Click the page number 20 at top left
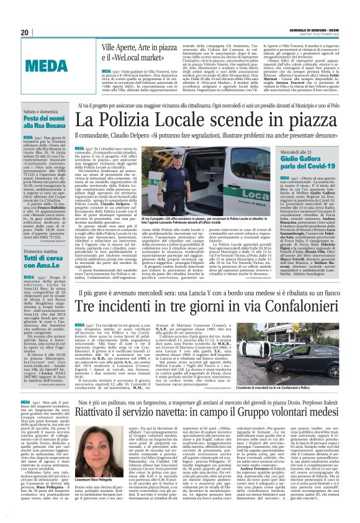coord(25,32)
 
